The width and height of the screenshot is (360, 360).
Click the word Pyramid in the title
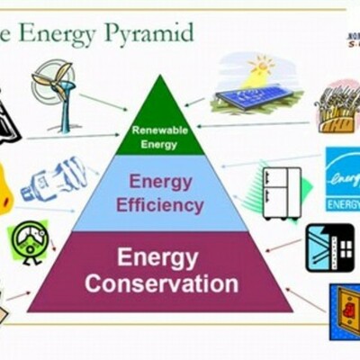[x=148, y=34]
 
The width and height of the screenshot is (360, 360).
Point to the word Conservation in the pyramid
[x=161, y=284]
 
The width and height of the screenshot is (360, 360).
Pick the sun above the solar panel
[x=263, y=67]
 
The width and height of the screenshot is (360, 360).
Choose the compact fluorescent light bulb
[x=55, y=180]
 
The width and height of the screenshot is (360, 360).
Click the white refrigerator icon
[x=281, y=191]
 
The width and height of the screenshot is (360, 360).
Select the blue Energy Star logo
[x=342, y=178]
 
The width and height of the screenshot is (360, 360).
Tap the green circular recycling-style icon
[x=29, y=240]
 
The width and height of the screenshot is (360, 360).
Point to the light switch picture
[x=344, y=310]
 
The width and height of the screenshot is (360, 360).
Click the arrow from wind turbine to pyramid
[x=103, y=102]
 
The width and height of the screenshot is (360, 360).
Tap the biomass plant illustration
[x=337, y=108]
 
